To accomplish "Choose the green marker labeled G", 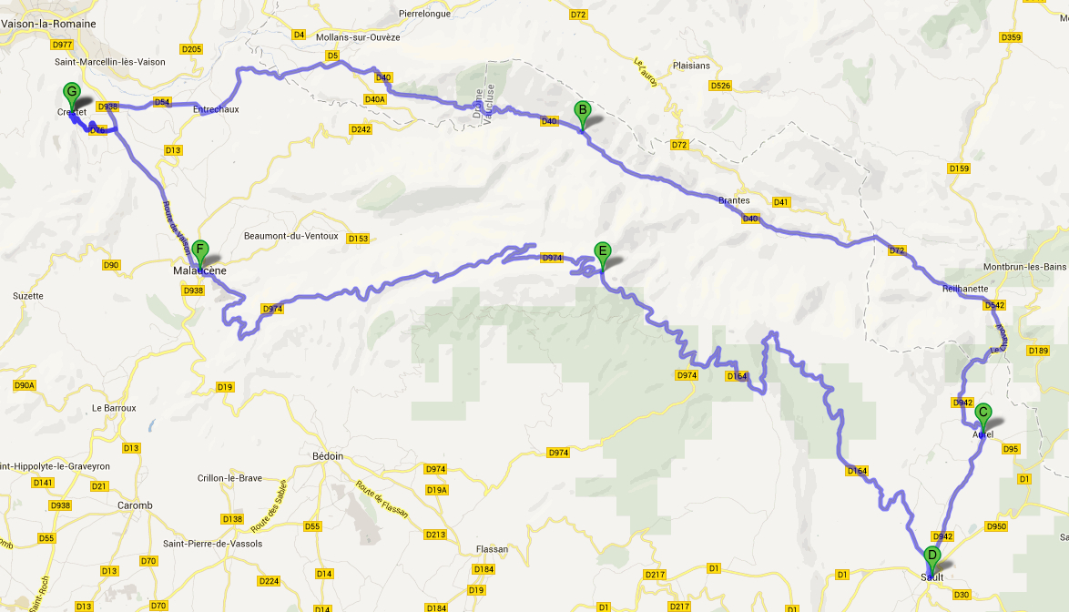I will pyautogui.click(x=71, y=93).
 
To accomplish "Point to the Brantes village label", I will pyautogui.click(x=734, y=200).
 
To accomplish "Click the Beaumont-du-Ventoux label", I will pyautogui.click(x=290, y=236).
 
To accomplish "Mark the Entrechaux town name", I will pyautogui.click(x=216, y=109).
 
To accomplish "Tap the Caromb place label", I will pyautogui.click(x=135, y=505).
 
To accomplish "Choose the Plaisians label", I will pyautogui.click(x=689, y=66).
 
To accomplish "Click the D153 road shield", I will pyautogui.click(x=358, y=239).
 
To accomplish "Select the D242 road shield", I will pyautogui.click(x=361, y=129).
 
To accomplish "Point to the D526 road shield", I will pyautogui.click(x=719, y=86).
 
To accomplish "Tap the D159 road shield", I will pyautogui.click(x=959, y=168).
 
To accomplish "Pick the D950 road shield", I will pyautogui.click(x=996, y=526).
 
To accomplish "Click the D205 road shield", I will pyautogui.click(x=192, y=49).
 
